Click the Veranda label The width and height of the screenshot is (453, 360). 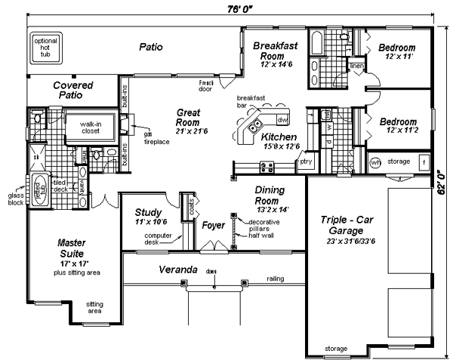pyautogui.click(x=178, y=269)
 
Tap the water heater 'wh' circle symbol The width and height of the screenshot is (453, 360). pyautogui.click(x=375, y=162)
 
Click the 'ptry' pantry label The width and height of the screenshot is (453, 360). pyautogui.click(x=307, y=162)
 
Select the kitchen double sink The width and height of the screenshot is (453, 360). pyautogui.click(x=257, y=125)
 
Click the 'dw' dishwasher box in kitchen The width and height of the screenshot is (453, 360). pyautogui.click(x=282, y=120)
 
